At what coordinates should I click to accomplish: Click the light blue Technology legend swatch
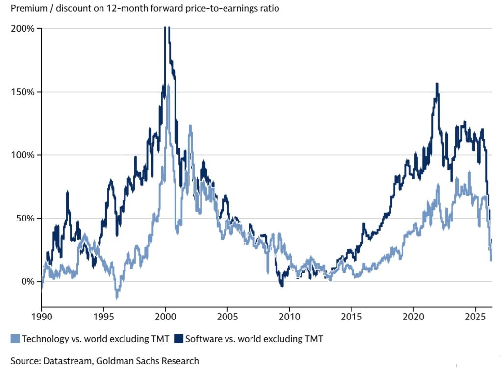point(15,338)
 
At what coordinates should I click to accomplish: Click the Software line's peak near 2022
point(437,84)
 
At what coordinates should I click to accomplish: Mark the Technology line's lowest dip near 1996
point(117,297)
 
